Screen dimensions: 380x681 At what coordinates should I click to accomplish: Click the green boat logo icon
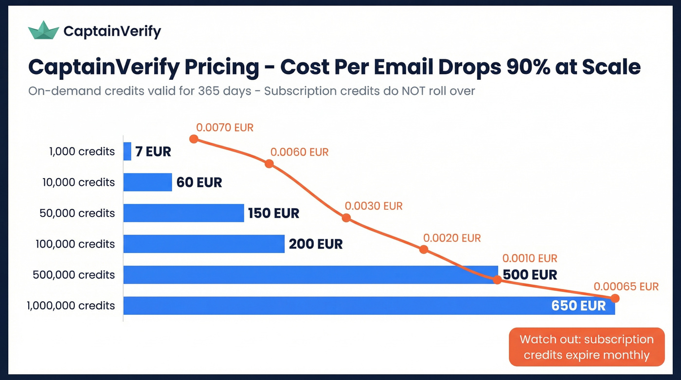click(43, 31)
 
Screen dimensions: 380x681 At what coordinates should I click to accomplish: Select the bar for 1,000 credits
click(127, 151)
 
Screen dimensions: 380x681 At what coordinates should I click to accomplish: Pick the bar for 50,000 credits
click(183, 213)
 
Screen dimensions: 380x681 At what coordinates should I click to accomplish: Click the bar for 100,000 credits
click(204, 244)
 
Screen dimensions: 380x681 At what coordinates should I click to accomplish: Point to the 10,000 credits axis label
click(78, 182)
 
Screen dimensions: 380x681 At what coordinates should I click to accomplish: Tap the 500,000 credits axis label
click(74, 275)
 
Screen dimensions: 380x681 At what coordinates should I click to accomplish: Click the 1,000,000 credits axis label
click(71, 306)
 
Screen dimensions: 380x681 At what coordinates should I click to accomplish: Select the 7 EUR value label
click(153, 152)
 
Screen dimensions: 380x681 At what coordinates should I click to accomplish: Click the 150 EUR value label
click(273, 213)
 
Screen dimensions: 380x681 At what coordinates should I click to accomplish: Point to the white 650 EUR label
click(578, 306)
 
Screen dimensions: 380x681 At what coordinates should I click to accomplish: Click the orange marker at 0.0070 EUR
click(194, 139)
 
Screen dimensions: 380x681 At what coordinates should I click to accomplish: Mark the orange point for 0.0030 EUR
click(346, 217)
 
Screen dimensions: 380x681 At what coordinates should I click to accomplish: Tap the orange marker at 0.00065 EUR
click(615, 298)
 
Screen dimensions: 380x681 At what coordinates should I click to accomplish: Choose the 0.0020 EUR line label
click(452, 238)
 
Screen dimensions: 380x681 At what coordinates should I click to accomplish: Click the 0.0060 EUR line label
click(300, 152)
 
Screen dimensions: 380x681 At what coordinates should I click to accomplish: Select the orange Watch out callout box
click(586, 347)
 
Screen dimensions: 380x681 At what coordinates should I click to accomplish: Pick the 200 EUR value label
click(316, 244)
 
